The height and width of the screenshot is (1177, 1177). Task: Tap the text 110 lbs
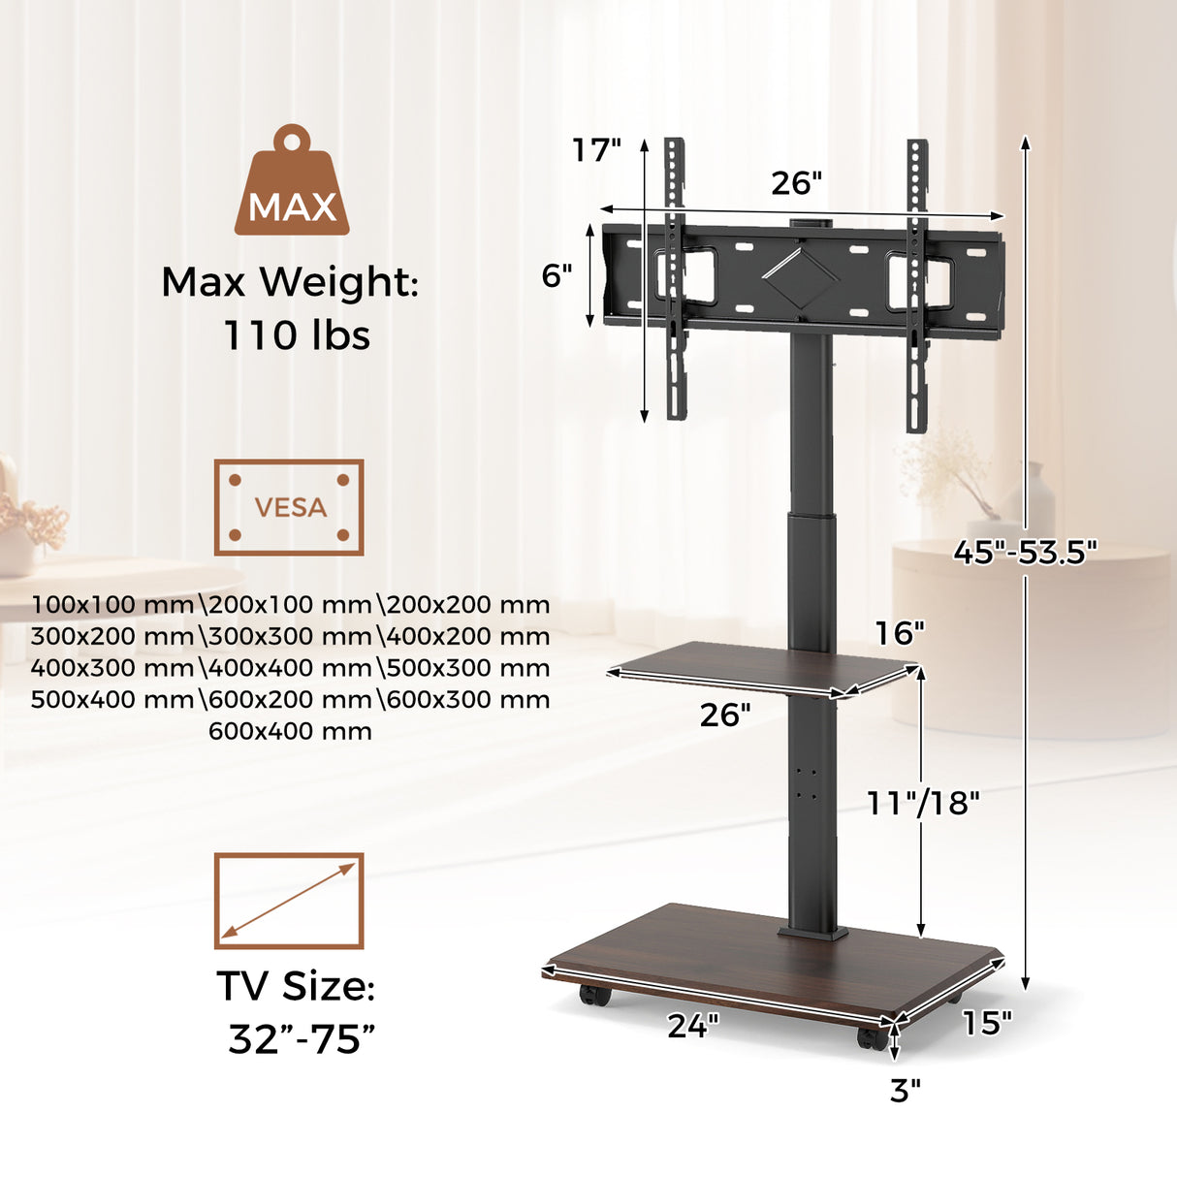[x=297, y=335]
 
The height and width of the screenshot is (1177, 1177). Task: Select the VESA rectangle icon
[x=289, y=507]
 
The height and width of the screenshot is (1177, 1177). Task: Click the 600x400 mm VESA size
[x=290, y=731]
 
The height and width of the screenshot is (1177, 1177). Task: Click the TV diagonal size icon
[x=289, y=901]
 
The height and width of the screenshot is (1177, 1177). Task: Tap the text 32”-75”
[x=301, y=1038]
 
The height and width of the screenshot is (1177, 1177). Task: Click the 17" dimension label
[x=595, y=150]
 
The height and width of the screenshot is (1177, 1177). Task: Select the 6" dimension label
[x=557, y=276]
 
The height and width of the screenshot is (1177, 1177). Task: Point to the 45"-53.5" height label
[x=1025, y=552]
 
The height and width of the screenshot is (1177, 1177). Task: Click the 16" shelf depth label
[x=900, y=633]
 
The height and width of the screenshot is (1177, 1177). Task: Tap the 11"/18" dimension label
[x=923, y=803]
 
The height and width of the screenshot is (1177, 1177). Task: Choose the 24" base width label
[x=693, y=1025]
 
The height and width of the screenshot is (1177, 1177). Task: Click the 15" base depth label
[x=986, y=1022]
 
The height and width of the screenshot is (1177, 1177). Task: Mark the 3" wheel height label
[x=905, y=1091]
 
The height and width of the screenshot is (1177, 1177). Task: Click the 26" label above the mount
[x=796, y=182]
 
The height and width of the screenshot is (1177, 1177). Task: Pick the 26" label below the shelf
[x=725, y=715]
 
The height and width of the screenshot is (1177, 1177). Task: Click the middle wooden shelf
[x=756, y=668]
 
